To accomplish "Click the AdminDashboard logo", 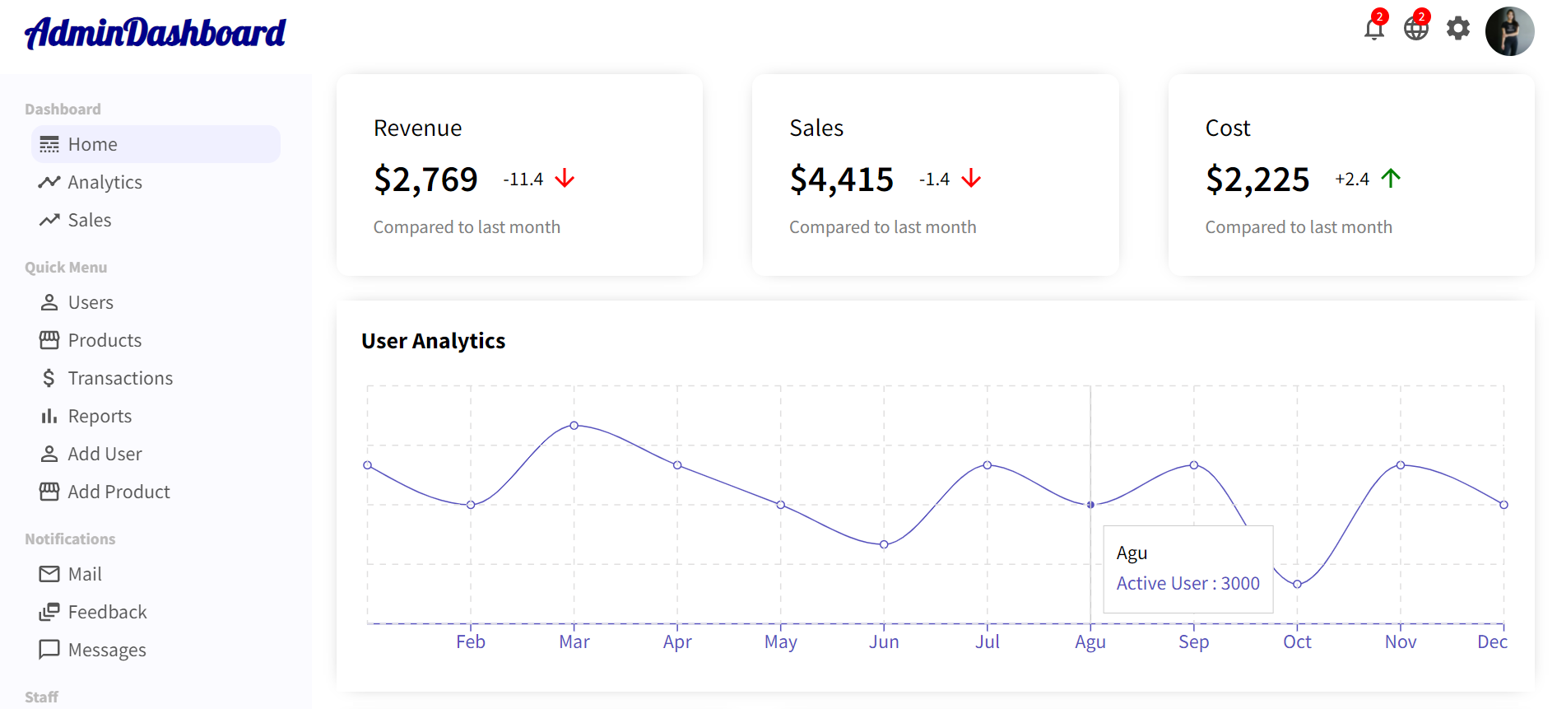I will pos(155,33).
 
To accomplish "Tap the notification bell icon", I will pos(1373,29).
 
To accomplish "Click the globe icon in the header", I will pos(1415,29).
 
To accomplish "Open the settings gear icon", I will pos(1458,29).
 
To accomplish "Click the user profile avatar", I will pos(1509,31).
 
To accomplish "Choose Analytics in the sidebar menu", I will pos(105,182).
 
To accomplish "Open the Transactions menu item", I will pos(120,378).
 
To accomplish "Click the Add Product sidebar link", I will pos(119,492).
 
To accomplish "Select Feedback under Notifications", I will pos(107,612).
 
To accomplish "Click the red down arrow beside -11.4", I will pos(565,179).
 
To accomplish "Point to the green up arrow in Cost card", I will pos(1391,179).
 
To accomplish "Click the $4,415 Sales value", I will pos(841,180).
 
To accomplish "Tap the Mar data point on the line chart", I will pos(574,426).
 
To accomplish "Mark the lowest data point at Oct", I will pos(1297,584).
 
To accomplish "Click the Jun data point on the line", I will pos(884,544).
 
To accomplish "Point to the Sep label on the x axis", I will pos(1193,642).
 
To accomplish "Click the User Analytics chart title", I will pos(433,341).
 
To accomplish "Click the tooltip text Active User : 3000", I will pos(1188,583).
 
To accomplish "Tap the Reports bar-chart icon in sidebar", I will pos(49,416).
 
